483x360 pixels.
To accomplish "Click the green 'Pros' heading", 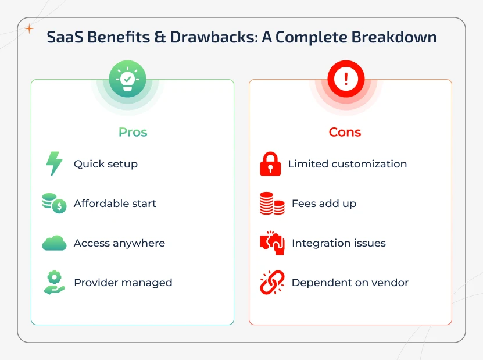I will coord(133,132).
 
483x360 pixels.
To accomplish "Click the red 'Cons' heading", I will coord(345,132).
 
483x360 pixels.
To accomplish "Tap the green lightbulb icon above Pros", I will coord(128,79).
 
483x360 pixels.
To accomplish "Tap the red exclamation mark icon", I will coord(346,79).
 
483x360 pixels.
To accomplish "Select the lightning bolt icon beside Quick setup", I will coord(54,164).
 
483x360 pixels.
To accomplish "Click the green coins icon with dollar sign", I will coord(54,203).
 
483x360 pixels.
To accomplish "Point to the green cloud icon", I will coord(54,243).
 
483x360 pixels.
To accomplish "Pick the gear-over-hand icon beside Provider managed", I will coord(54,283).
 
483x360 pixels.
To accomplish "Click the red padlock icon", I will coord(270,165).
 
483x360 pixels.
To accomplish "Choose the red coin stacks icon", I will coord(271,204).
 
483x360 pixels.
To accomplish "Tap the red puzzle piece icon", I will coord(271,243).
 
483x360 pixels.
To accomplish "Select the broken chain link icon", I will coord(271,283).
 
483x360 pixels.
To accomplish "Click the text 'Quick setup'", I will coord(106,164).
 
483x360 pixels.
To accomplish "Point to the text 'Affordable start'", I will coord(115,204).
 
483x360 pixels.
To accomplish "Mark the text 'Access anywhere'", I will coord(119,243).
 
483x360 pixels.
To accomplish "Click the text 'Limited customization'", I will coord(348,164).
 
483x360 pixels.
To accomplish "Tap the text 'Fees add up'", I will coord(324,204).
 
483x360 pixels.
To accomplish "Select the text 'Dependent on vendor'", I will coord(350,283).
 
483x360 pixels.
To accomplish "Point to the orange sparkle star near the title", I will coord(29,28).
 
